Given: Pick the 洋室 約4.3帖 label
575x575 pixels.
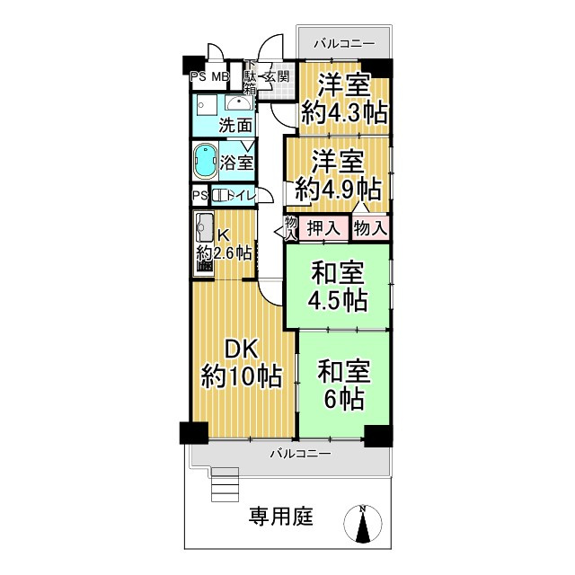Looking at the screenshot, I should pyautogui.click(x=344, y=100).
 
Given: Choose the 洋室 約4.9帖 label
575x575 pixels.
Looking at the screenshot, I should pyautogui.click(x=339, y=176).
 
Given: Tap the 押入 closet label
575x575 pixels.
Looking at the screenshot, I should pyautogui.click(x=323, y=228).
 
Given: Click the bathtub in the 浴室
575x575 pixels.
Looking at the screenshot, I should pyautogui.click(x=206, y=162).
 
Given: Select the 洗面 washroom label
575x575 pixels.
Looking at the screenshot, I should pyautogui.click(x=235, y=124).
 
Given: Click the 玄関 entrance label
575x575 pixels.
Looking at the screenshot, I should pyautogui.click(x=276, y=77).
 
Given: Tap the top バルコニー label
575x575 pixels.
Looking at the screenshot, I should pyautogui.click(x=344, y=43).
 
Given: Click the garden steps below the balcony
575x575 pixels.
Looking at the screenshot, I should pyautogui.click(x=226, y=486).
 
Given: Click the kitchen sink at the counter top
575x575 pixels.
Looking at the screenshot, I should pyautogui.click(x=202, y=226).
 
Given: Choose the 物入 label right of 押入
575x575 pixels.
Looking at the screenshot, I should pyautogui.click(x=369, y=228).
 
